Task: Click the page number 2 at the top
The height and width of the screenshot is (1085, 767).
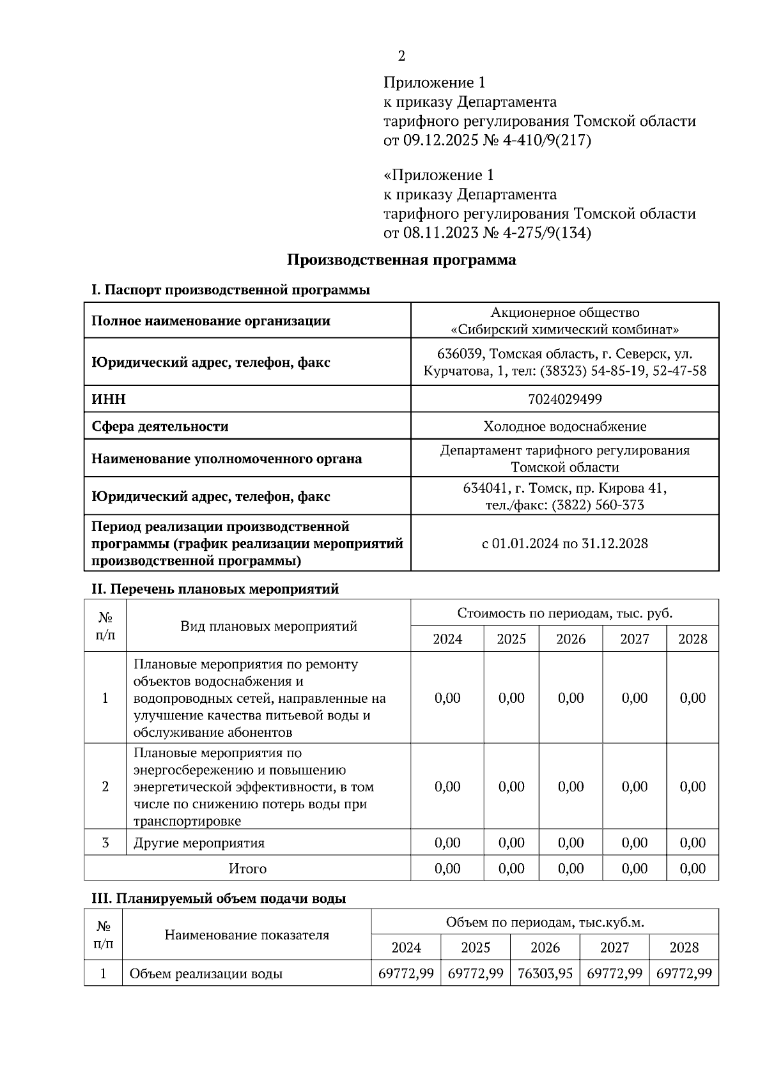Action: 401,56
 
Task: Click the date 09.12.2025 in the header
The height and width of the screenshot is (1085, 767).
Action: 440,140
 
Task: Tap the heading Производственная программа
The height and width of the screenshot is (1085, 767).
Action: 401,260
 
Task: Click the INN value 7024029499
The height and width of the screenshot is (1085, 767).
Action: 564,399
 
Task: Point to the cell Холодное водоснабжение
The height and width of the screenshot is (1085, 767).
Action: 564,426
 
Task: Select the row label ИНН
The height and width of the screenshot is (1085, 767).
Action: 109,399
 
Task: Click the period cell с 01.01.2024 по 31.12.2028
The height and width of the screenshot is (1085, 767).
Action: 564,544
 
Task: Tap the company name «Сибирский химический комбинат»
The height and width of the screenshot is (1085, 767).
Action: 564,330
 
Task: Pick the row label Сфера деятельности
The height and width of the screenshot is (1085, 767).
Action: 160,426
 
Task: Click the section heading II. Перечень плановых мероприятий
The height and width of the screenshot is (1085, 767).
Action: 215,589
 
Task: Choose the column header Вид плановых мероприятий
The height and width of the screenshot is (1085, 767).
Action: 268,626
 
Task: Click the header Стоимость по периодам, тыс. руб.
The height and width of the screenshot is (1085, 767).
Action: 564,613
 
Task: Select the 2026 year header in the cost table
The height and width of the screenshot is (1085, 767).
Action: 570,639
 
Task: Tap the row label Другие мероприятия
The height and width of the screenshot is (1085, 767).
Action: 199,843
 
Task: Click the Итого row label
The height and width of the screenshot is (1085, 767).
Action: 247,869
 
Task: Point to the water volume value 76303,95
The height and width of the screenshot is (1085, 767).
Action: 545,974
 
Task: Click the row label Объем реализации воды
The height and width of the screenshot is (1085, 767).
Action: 206,974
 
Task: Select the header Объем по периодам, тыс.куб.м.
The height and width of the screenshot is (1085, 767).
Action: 545,922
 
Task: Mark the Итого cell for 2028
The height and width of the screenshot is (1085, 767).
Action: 692,869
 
